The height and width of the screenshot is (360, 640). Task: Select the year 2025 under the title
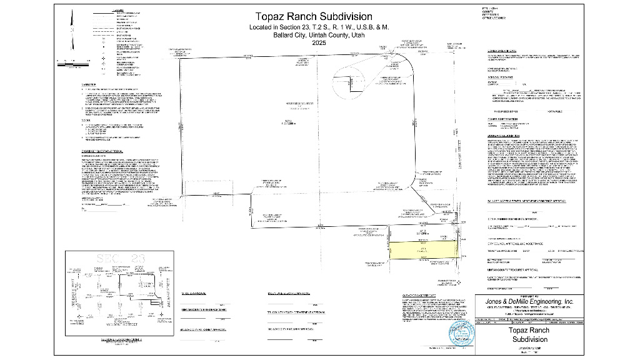tap(319, 43)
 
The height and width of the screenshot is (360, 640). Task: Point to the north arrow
tap(72, 31)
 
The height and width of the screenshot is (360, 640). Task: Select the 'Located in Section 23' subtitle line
tap(319, 27)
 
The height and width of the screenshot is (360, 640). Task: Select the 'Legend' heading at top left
tap(117, 11)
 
